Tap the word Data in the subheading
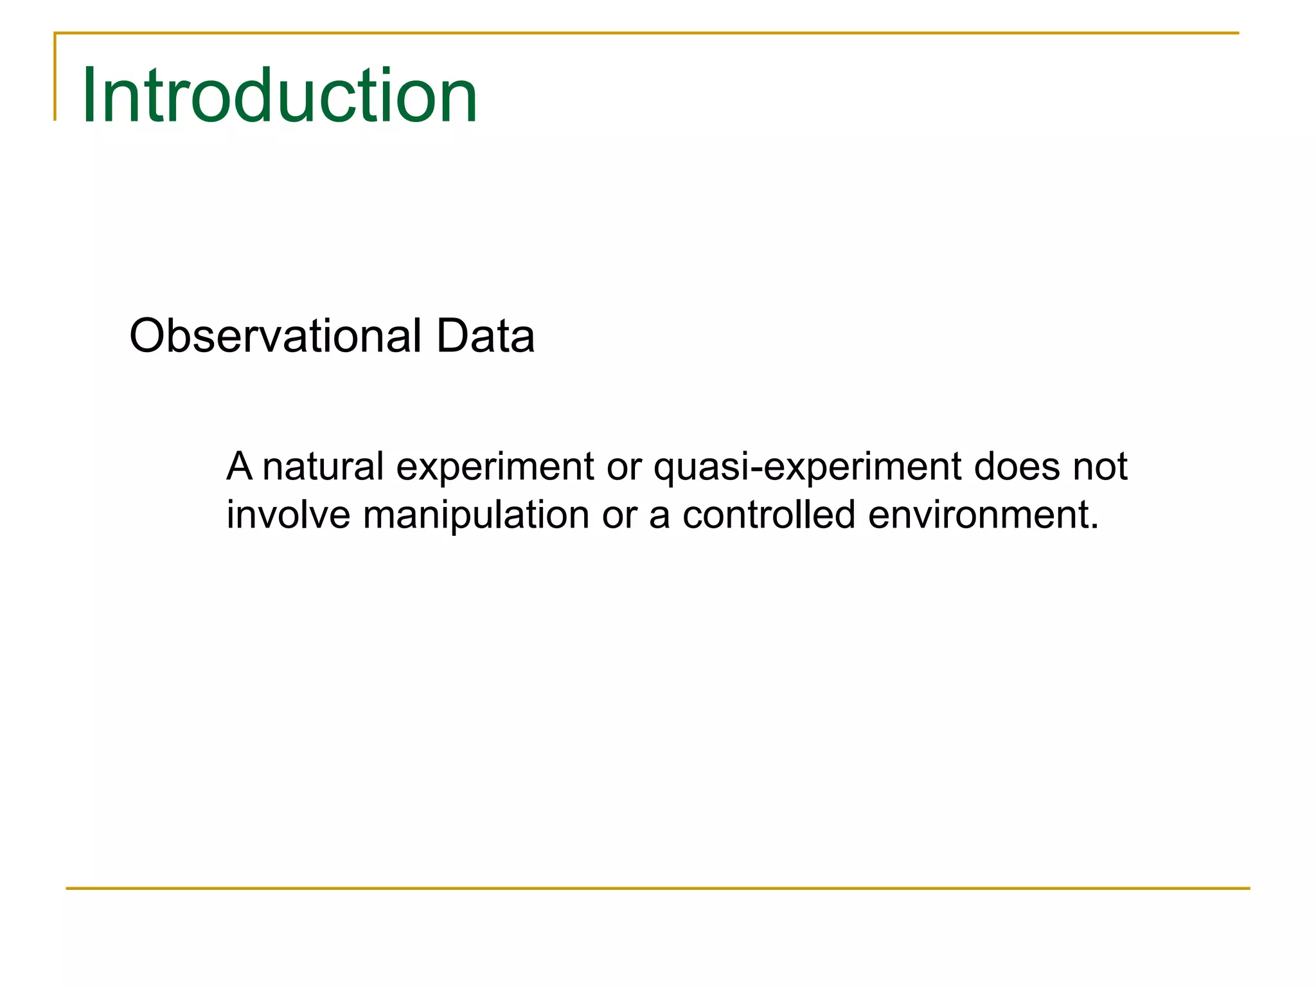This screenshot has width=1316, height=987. (485, 335)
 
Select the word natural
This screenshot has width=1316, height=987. (323, 467)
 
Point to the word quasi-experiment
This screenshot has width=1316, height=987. (807, 468)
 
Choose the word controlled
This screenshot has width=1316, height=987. (769, 515)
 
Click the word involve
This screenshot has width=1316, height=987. (289, 515)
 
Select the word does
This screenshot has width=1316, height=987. (1017, 467)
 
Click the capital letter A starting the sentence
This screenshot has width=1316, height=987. (239, 467)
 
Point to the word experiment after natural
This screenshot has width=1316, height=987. (495, 468)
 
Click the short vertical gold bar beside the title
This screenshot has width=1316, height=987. (55, 77)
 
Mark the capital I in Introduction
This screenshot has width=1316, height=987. (89, 95)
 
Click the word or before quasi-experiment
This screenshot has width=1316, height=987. (624, 468)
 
